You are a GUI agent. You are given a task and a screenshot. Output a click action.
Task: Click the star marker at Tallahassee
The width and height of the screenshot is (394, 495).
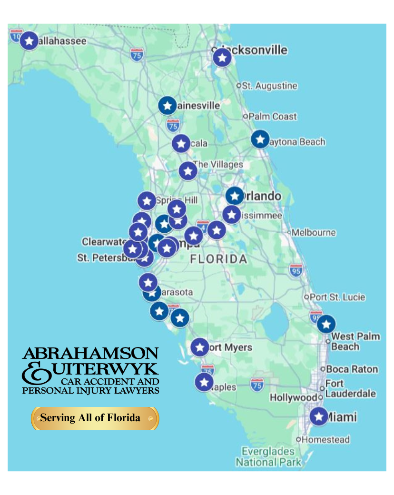pyautogui.click(x=29, y=41)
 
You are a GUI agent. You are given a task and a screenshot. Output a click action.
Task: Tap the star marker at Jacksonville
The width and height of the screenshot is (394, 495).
pyautogui.click(x=222, y=58)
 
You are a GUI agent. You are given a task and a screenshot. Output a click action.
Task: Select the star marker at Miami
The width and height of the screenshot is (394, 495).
pyautogui.click(x=319, y=416)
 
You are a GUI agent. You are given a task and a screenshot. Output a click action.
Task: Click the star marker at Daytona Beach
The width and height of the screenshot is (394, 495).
pyautogui.click(x=260, y=139)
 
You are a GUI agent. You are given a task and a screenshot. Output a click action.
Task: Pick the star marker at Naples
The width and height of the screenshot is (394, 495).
pyautogui.click(x=204, y=382)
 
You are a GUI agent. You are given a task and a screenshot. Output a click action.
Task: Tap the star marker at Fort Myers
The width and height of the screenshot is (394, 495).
pyautogui.click(x=200, y=347)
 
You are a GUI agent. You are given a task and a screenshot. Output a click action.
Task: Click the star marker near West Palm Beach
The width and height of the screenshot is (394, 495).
pyautogui.click(x=326, y=324)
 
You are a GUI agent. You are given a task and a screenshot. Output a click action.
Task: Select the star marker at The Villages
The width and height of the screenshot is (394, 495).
pyautogui.click(x=188, y=171)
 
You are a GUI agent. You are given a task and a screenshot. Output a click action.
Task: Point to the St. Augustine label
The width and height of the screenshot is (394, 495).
pyautogui.click(x=269, y=86)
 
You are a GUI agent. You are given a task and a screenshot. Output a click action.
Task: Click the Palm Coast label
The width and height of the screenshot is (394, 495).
pyautogui.click(x=273, y=117)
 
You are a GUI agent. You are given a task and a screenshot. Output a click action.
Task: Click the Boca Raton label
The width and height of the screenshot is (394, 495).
pyautogui.click(x=352, y=369)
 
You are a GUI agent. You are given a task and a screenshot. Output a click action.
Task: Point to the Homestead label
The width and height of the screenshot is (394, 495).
pyautogui.click(x=325, y=439)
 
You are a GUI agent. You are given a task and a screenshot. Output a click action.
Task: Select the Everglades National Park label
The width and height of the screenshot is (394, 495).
pyautogui.click(x=268, y=456)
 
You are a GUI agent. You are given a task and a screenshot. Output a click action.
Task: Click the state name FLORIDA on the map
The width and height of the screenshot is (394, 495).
pyautogui.click(x=218, y=259)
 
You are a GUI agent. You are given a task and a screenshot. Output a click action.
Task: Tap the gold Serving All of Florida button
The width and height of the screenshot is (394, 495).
pyautogui.click(x=95, y=418)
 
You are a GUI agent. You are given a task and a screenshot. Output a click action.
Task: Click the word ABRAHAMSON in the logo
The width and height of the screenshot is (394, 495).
pyautogui.click(x=90, y=353)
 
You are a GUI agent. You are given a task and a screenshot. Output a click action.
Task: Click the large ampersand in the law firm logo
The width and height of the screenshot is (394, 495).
pyautogui.click(x=36, y=373)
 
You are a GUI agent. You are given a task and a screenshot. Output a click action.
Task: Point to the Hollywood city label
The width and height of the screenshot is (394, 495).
pyautogui.click(x=294, y=397)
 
